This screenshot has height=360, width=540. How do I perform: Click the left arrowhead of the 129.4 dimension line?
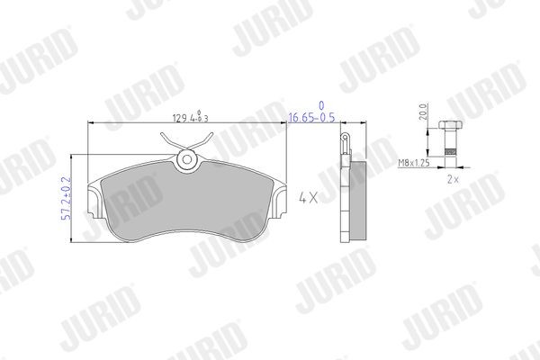(x=90, y=125)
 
